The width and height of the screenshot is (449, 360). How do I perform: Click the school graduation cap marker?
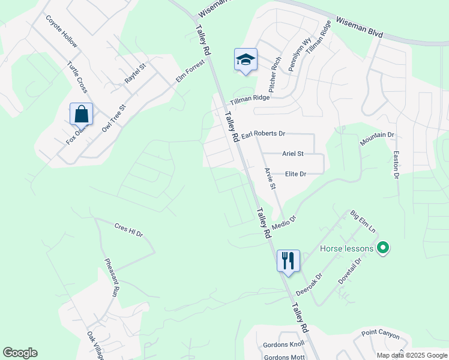click(246, 59)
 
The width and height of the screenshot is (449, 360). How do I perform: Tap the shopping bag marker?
click(81, 114)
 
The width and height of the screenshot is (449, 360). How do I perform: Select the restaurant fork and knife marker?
click(288, 260)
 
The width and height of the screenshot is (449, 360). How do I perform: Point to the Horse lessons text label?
click(346, 248)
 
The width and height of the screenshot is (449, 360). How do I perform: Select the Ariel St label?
click(294, 154)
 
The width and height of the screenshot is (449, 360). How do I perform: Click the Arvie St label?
click(269, 179)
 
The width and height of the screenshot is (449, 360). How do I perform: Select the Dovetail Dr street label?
click(351, 270)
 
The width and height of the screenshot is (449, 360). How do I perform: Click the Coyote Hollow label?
click(61, 32)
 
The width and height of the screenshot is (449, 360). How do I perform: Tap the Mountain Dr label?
click(377, 139)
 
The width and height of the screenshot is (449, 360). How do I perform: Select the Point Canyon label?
click(380, 334)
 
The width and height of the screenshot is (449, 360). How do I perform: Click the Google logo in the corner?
click(20, 353)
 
